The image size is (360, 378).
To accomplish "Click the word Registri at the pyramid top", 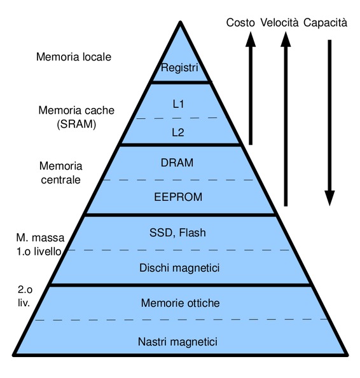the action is (x=179, y=68).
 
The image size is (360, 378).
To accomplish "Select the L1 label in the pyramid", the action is (x=178, y=104).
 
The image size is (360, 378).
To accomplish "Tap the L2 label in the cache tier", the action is (x=178, y=132).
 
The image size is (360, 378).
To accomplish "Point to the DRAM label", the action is (x=177, y=163).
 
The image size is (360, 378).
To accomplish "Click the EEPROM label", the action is (x=178, y=197).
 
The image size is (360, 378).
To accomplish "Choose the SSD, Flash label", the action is (x=177, y=233).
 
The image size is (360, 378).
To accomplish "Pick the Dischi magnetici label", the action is (x=179, y=268).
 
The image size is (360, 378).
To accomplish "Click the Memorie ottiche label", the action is (x=181, y=303).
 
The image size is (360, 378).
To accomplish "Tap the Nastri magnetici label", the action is (x=177, y=342).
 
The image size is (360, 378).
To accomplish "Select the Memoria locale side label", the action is (x=74, y=57).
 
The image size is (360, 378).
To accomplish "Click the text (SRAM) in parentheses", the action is (x=76, y=124).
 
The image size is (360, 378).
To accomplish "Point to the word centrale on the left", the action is (x=60, y=180).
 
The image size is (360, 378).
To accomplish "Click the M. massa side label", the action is (x=40, y=238).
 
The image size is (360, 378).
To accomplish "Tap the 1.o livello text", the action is (x=39, y=252).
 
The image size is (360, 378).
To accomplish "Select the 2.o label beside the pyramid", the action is (x=25, y=290).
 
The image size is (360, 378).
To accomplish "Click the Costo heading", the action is (x=240, y=23).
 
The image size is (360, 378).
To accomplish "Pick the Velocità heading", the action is (x=279, y=23).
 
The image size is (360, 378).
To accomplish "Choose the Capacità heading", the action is (x=325, y=23).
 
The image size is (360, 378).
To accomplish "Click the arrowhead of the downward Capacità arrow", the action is (x=329, y=198).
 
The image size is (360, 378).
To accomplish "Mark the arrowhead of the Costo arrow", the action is (x=251, y=39).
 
